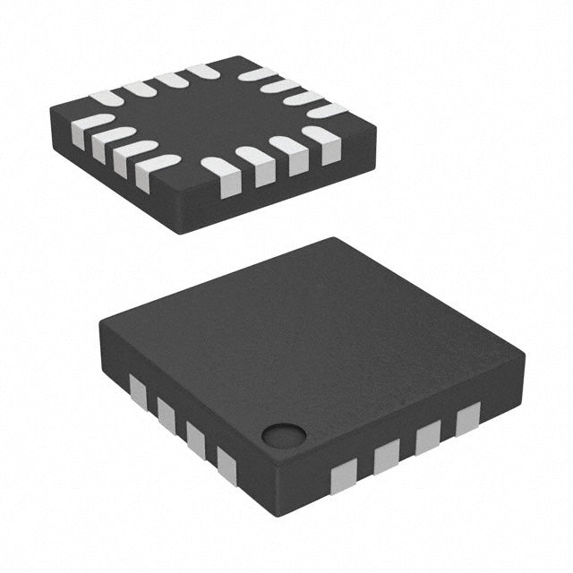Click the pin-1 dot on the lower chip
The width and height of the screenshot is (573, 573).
(x=284, y=435)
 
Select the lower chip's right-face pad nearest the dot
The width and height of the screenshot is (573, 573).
(x=344, y=474)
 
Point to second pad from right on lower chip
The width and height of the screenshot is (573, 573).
(x=428, y=437)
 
